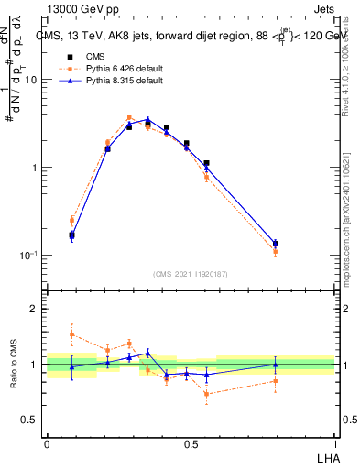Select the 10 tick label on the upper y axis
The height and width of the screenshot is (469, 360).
click(30, 80)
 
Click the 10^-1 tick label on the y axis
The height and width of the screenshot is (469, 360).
click(27, 256)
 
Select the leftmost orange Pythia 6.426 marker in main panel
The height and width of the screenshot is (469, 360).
click(71, 220)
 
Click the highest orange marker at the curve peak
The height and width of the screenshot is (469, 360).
click(129, 117)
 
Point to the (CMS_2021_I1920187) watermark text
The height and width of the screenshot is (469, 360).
click(191, 274)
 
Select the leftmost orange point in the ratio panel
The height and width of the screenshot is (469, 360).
click(71, 334)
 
